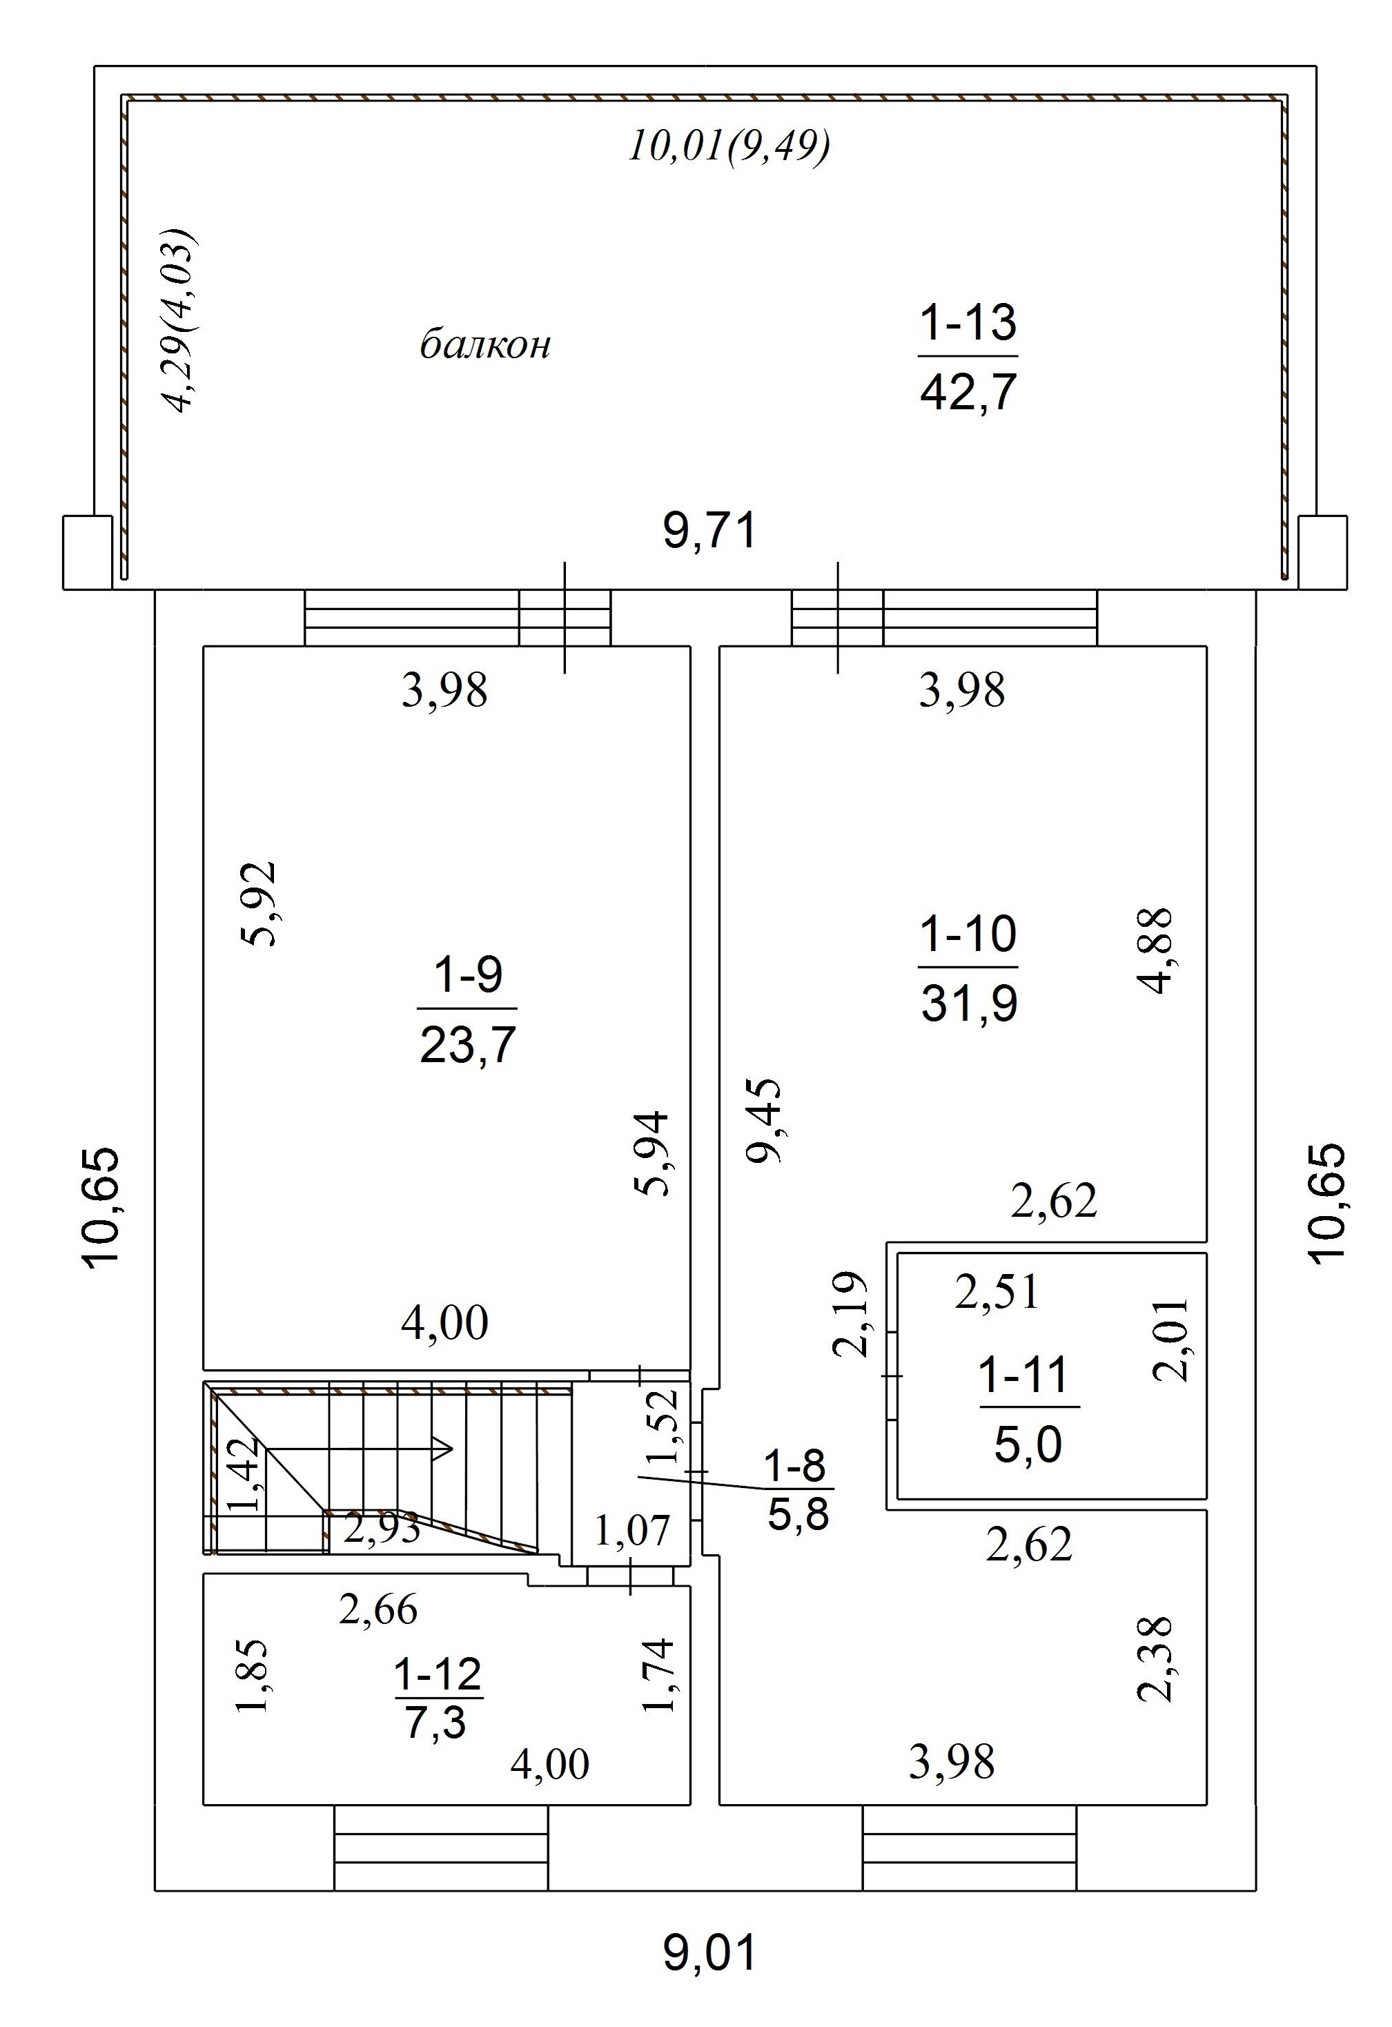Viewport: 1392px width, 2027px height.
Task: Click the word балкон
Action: (485, 345)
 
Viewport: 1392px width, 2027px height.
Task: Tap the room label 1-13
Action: (968, 322)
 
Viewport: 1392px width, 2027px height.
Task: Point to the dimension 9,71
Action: (709, 531)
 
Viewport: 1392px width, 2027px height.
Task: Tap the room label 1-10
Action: (968, 934)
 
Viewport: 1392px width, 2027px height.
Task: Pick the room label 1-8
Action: (794, 1466)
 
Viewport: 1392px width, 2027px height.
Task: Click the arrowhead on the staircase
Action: (443, 1449)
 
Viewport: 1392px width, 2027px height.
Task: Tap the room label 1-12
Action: (438, 1674)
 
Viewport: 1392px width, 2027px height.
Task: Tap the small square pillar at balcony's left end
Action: (87, 552)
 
